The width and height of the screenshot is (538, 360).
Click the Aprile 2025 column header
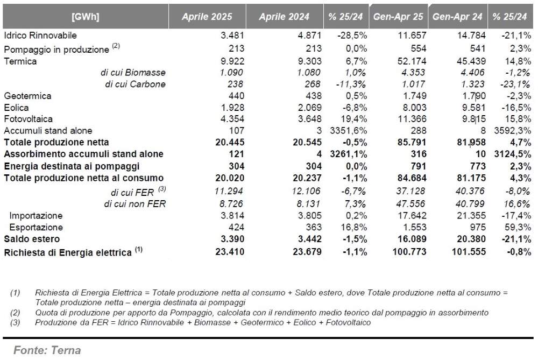[207, 17]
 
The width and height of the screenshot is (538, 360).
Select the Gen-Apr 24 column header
[457, 17]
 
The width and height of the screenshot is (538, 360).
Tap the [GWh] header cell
[86, 17]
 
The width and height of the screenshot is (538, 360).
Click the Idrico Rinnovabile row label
[40, 36]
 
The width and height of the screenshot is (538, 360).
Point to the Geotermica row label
[27, 96]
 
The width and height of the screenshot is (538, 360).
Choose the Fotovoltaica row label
[29, 119]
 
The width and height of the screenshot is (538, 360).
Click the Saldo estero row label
[32, 239]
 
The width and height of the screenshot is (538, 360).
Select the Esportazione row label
[36, 227]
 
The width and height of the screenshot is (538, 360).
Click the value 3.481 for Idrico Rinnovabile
[232, 36]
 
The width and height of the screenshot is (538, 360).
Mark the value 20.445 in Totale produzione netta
[230, 142]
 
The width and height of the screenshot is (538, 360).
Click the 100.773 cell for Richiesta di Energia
[409, 251]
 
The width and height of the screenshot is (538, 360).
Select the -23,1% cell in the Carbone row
[516, 84]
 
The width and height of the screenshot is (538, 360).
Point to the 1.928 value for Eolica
[232, 108]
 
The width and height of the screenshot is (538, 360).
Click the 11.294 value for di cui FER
[229, 191]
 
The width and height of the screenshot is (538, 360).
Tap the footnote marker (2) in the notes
[15, 313]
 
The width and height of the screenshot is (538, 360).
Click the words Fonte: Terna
[47, 350]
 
